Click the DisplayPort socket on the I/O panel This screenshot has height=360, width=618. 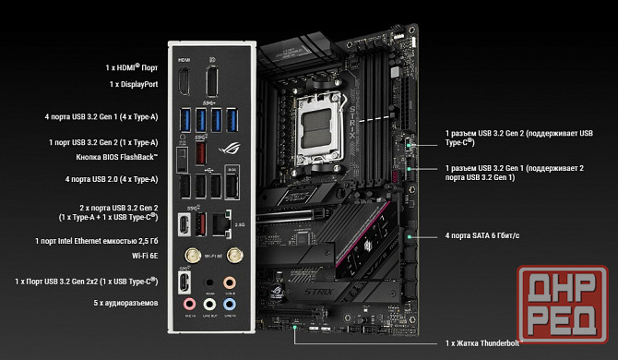point(213,82)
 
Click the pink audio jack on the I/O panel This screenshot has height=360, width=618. point(188,302)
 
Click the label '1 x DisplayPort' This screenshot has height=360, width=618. point(134,84)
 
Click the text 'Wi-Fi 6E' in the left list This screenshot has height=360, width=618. point(139,256)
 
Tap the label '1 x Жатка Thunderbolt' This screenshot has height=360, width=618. point(484,343)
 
